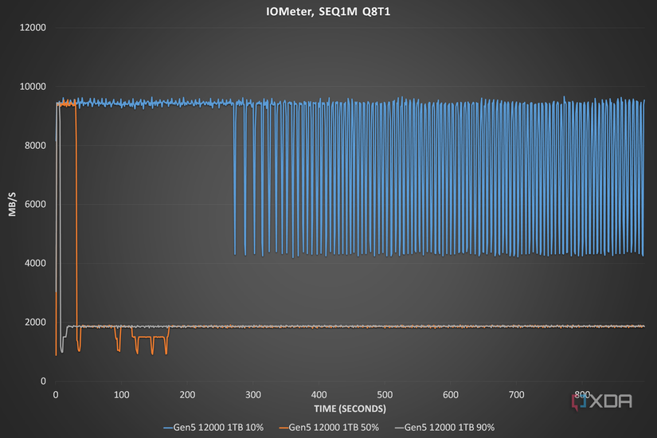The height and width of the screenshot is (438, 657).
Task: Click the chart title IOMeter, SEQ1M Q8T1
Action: pyautogui.click(x=328, y=12)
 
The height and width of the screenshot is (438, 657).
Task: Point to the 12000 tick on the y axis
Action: pyautogui.click(x=33, y=28)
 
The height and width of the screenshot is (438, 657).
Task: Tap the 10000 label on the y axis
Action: pyautogui.click(x=33, y=87)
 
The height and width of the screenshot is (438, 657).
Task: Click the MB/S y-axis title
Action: pyautogui.click(x=12, y=205)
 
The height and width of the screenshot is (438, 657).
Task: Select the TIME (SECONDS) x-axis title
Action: pyautogui.click(x=350, y=409)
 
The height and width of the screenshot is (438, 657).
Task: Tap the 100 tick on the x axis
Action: pyautogui.click(x=122, y=395)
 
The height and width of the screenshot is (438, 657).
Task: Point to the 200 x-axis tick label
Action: pyautogui.click(x=187, y=395)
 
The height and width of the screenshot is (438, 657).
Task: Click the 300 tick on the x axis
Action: pyautogui.click(x=253, y=395)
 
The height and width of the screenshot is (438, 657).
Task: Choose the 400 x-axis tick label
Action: pyautogui.click(x=319, y=395)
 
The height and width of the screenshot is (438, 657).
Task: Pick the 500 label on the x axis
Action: pyautogui.click(x=385, y=395)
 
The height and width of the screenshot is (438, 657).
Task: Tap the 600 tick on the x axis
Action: pyautogui.click(x=451, y=395)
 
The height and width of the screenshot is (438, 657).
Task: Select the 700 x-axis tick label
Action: pyautogui.click(x=516, y=395)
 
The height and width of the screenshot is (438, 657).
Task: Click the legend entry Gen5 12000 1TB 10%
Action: pyautogui.click(x=213, y=428)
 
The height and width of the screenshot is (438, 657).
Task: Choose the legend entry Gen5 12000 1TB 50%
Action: pyautogui.click(x=329, y=428)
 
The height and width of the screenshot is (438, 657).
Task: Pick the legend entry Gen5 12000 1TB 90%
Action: pyautogui.click(x=444, y=428)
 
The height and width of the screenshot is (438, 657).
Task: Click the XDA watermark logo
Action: pyautogui.click(x=602, y=401)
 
